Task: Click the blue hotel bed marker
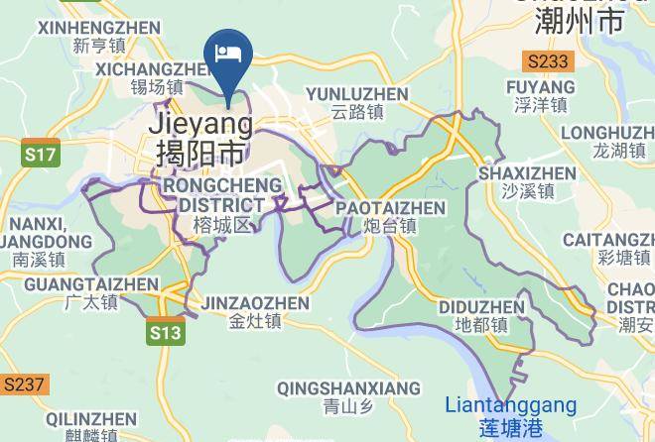coord(228,54)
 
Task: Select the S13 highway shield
coord(166,333)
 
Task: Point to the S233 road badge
coord(548,61)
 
